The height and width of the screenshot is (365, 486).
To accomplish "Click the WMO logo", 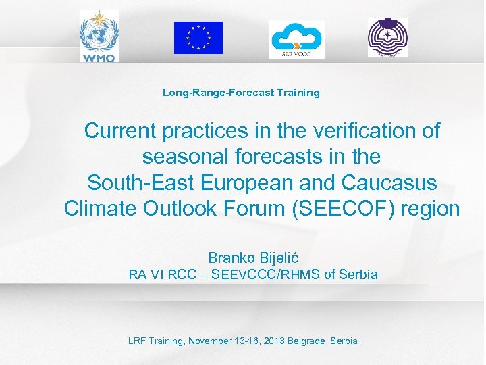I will [x=99, y=35].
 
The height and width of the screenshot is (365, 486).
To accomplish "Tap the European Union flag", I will [x=198, y=38].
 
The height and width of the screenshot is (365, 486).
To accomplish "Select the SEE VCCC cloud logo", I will [x=296, y=39].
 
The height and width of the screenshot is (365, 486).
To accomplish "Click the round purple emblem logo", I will [x=387, y=37].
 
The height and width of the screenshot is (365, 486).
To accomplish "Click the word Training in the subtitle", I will [x=297, y=93].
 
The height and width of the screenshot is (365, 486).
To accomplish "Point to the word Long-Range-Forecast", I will [x=218, y=93].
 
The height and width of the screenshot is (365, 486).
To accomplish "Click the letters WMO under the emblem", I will [x=99, y=57].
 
